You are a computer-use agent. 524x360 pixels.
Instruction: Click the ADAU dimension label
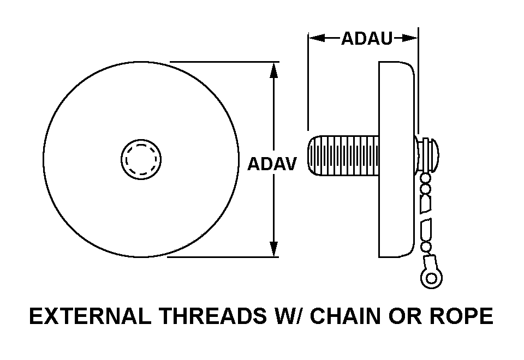(367, 38)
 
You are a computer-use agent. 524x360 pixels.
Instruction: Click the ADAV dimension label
(272, 164)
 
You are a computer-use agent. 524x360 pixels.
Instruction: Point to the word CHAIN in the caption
(346, 316)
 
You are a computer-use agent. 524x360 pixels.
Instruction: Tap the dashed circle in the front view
(141, 160)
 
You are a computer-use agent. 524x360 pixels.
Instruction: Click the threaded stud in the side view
(343, 155)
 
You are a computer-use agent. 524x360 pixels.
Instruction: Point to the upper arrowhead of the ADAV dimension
(273, 70)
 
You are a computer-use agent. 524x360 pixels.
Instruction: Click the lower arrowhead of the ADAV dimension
(273, 249)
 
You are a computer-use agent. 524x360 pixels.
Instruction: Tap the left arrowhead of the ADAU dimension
(317, 38)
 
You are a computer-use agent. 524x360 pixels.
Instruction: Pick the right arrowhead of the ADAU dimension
(410, 38)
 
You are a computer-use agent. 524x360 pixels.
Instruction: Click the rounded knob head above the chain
(430, 154)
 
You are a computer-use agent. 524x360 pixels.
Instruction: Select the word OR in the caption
(405, 316)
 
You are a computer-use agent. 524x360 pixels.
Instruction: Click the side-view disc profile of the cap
(397, 160)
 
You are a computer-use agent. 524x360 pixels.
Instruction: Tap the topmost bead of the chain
(425, 177)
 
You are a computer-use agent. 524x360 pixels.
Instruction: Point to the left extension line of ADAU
(308, 81)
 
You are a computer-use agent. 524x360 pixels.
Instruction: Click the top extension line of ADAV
(224, 62)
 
